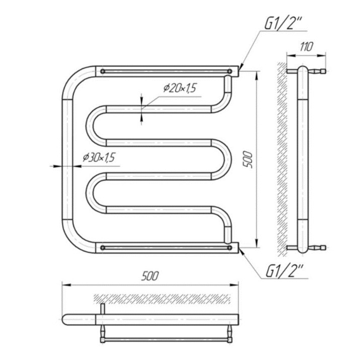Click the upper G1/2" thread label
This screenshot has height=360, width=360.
[282, 23]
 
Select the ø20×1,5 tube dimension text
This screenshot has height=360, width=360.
[180, 88]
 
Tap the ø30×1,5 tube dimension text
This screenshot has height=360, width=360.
[99, 158]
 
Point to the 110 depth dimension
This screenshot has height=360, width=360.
[306, 47]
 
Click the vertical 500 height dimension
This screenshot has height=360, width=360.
[248, 160]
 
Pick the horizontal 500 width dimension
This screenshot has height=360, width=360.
[150, 276]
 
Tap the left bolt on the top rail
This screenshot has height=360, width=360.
[103, 71]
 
